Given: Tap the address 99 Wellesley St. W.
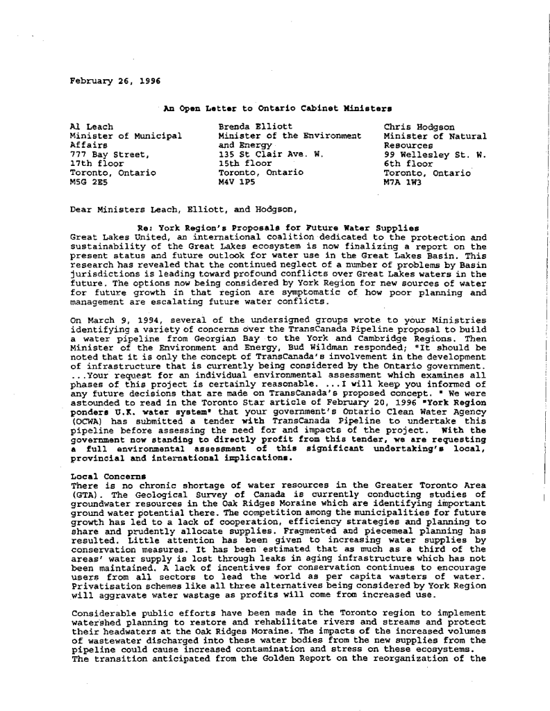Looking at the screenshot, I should click(x=434, y=154).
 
